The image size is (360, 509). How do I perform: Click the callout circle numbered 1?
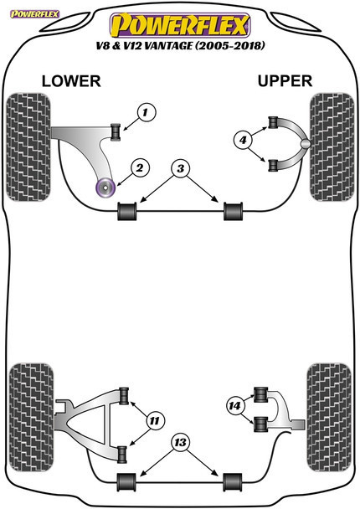(147, 112)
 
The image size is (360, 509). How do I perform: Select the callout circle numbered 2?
(141, 167)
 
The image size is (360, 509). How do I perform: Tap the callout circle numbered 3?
(181, 168)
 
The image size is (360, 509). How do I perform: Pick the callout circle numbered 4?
(243, 140)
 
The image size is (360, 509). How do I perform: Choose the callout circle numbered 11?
(155, 421)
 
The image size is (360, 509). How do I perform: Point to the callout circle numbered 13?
(181, 442)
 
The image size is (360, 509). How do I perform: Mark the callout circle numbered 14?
(235, 405)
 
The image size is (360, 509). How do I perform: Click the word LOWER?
(71, 81)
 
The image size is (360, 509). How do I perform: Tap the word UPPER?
(285, 81)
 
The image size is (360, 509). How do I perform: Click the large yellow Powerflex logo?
(180, 25)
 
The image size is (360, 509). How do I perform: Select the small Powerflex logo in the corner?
(34, 14)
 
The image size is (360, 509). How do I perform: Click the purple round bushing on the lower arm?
(106, 188)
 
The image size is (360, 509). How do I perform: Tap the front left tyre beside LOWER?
(28, 147)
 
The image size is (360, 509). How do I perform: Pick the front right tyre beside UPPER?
(332, 147)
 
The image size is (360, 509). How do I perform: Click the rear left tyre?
(31, 417)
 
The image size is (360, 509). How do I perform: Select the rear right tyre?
(329, 418)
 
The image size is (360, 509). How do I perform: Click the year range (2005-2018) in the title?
(230, 45)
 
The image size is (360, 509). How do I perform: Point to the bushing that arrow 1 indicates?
(116, 132)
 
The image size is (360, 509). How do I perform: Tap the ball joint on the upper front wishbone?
(305, 144)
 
